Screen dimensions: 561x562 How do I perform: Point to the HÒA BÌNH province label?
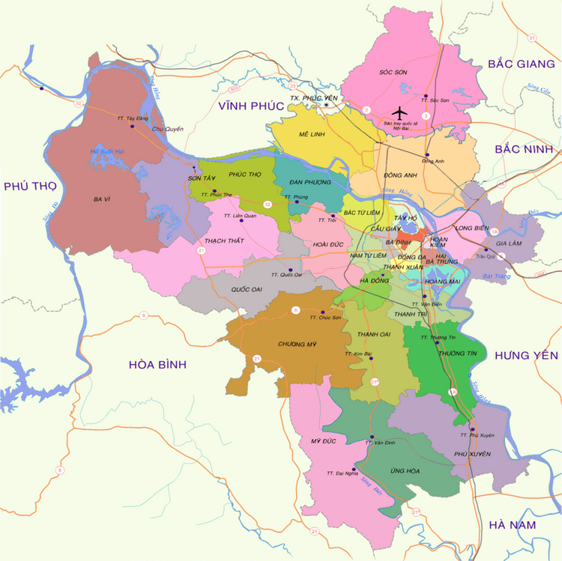coord(157,364)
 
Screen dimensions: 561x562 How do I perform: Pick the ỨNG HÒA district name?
coord(405,470)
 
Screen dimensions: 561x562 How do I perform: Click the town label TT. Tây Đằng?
coord(132,118)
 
